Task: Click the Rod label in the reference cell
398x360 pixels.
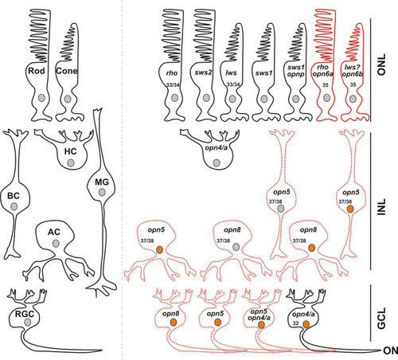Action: click(37, 71)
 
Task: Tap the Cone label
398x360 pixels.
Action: click(67, 71)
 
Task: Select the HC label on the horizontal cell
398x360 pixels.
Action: click(70, 151)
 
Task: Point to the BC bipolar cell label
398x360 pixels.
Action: click(14, 196)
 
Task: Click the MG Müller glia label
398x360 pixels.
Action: click(102, 182)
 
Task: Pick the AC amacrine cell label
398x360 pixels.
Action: click(54, 232)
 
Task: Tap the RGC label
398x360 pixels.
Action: click(25, 314)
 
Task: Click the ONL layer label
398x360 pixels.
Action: click(381, 65)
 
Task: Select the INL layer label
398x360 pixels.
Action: click(381, 207)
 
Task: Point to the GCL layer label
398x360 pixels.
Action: click(381, 319)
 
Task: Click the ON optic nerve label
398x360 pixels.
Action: click(391, 350)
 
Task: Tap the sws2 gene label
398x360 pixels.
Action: click(203, 72)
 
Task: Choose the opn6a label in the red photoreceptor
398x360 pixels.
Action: click(323, 74)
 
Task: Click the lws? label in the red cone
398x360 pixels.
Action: click(352, 68)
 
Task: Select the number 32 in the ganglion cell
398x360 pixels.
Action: click(296, 323)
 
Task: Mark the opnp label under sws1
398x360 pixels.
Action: click(295, 75)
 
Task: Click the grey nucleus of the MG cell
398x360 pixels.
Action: click(102, 192)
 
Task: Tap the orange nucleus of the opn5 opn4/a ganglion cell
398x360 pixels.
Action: click(261, 325)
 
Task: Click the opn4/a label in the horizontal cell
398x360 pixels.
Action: click(217, 147)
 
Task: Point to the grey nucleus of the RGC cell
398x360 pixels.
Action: click(28, 323)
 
